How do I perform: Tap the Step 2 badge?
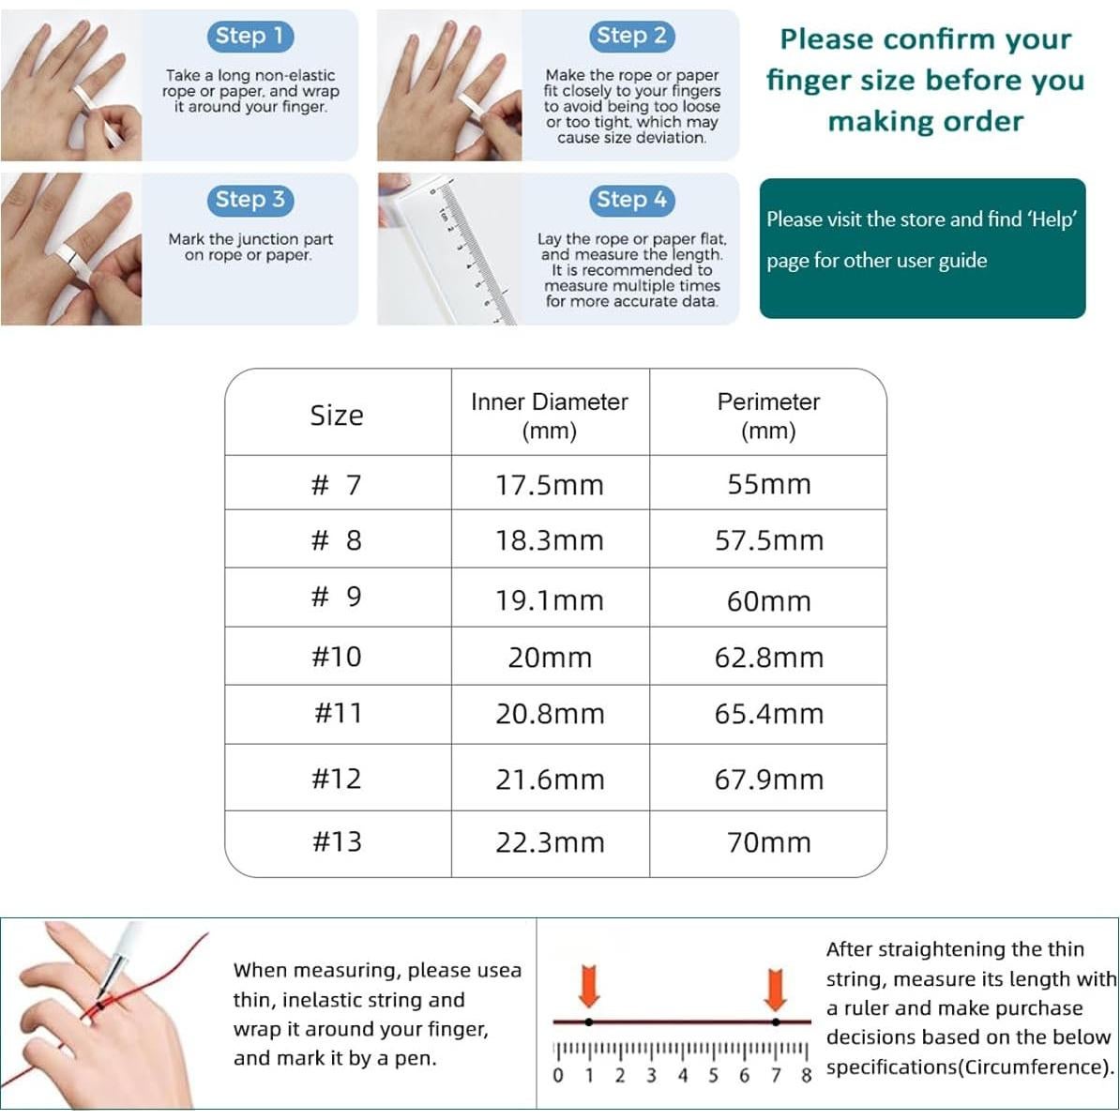[x=631, y=37]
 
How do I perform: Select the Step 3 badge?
[x=250, y=200]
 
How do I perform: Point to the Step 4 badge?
[x=631, y=200]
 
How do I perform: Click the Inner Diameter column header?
[x=550, y=415]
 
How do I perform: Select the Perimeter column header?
[x=768, y=415]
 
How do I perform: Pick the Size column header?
[x=337, y=415]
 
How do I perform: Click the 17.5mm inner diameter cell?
[x=550, y=485]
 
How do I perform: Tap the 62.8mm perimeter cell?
[x=768, y=657]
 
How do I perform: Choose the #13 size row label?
[x=337, y=841]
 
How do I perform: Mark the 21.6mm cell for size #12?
[x=550, y=779]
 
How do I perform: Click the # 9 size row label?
[x=337, y=598]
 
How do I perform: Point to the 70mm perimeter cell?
[x=768, y=841]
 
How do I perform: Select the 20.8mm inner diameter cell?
[x=550, y=714]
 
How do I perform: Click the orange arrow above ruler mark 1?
[x=589, y=988]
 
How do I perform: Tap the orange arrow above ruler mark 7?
[x=775, y=988]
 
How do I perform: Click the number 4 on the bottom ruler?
[x=682, y=1075]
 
